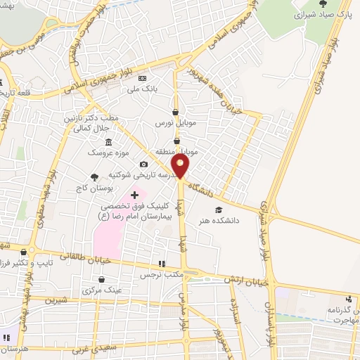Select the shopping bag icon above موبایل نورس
coord(175,112)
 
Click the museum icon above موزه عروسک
coord(108,142)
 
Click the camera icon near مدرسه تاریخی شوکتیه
coord(143,164)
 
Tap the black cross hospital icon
coord(134,194)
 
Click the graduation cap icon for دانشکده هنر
coord(219,210)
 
